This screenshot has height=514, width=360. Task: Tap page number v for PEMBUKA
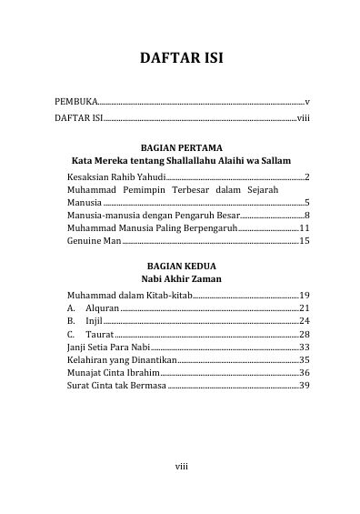(x=308, y=103)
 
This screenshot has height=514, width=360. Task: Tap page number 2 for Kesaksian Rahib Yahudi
(x=308, y=176)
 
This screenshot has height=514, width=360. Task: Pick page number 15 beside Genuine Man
(x=305, y=242)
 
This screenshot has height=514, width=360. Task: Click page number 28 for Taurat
(x=305, y=335)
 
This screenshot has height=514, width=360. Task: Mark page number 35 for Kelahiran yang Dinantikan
(x=305, y=360)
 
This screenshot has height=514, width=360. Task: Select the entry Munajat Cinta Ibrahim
(x=114, y=373)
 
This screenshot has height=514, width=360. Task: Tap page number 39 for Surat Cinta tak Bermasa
(x=305, y=386)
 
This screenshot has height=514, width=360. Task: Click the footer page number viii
(x=181, y=467)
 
